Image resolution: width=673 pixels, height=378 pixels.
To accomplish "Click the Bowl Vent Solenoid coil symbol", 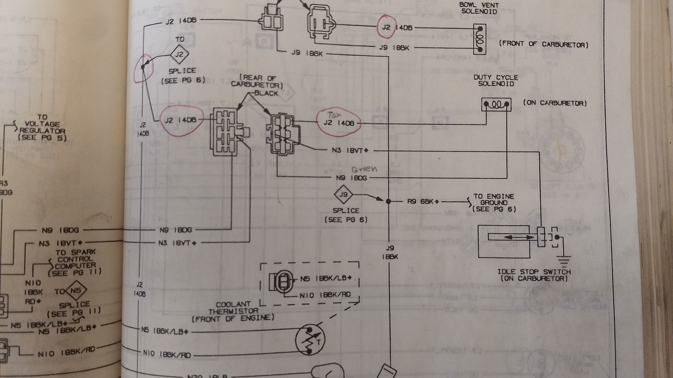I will (480, 39).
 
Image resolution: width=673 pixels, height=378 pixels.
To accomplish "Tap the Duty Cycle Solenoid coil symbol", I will (496, 105).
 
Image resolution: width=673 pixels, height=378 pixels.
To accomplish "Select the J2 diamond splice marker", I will (179, 54).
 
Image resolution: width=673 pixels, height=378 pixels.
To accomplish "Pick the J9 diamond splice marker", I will (343, 194).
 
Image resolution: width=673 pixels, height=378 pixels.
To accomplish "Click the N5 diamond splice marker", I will (76, 290).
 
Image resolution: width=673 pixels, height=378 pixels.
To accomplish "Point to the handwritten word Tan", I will (334, 115).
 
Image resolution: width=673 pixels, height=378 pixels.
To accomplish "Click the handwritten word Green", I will (364, 169).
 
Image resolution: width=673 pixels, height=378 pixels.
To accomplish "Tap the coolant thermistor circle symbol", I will (310, 340).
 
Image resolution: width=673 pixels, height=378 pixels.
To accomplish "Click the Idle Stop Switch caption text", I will (534, 275).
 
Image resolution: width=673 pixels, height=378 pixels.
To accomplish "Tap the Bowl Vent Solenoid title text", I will (479, 8).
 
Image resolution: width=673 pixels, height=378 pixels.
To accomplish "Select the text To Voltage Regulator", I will (42, 127).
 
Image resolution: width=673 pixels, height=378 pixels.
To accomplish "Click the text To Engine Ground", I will (494, 202).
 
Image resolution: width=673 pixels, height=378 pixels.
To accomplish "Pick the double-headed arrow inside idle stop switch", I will (519, 237).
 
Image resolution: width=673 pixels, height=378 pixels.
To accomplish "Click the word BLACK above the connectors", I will (266, 93).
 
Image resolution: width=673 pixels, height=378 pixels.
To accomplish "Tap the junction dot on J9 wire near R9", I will (388, 201).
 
